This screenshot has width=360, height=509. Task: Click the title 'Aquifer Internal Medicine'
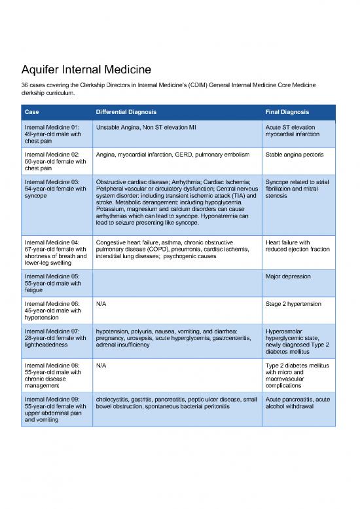click(x=86, y=69)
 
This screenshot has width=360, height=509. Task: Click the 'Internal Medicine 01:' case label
click(x=52, y=127)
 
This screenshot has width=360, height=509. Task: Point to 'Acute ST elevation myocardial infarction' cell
click(x=293, y=130)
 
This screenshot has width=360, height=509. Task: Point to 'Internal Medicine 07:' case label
click(x=52, y=331)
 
